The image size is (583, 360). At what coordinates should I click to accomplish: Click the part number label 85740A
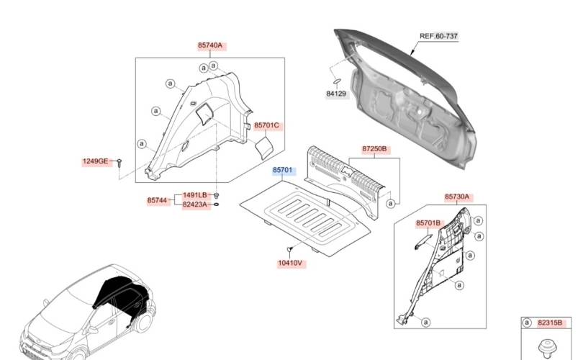click(210, 46)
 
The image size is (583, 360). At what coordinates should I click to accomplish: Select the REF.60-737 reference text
click(438, 36)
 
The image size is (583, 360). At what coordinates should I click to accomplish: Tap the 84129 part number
click(336, 94)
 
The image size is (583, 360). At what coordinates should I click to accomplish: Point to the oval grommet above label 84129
click(337, 81)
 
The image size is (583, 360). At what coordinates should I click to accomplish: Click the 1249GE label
click(95, 161)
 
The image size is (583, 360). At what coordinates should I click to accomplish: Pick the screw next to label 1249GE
click(119, 163)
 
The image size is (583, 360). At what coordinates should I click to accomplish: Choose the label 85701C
click(266, 125)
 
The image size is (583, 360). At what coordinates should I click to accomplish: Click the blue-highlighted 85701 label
click(283, 170)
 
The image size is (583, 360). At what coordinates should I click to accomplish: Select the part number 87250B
click(374, 149)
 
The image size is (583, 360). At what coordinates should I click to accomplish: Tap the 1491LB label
click(194, 195)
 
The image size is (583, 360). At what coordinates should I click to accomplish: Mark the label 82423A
click(194, 204)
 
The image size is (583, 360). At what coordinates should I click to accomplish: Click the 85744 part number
click(157, 200)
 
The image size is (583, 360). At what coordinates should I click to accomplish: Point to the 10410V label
click(290, 264)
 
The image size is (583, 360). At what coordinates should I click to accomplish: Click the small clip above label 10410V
click(289, 250)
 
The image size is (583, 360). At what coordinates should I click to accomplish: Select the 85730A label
click(457, 197)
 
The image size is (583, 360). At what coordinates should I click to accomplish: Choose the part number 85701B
click(428, 223)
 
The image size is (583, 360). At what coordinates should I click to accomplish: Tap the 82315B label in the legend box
click(550, 323)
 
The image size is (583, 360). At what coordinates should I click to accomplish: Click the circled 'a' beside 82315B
click(527, 323)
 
